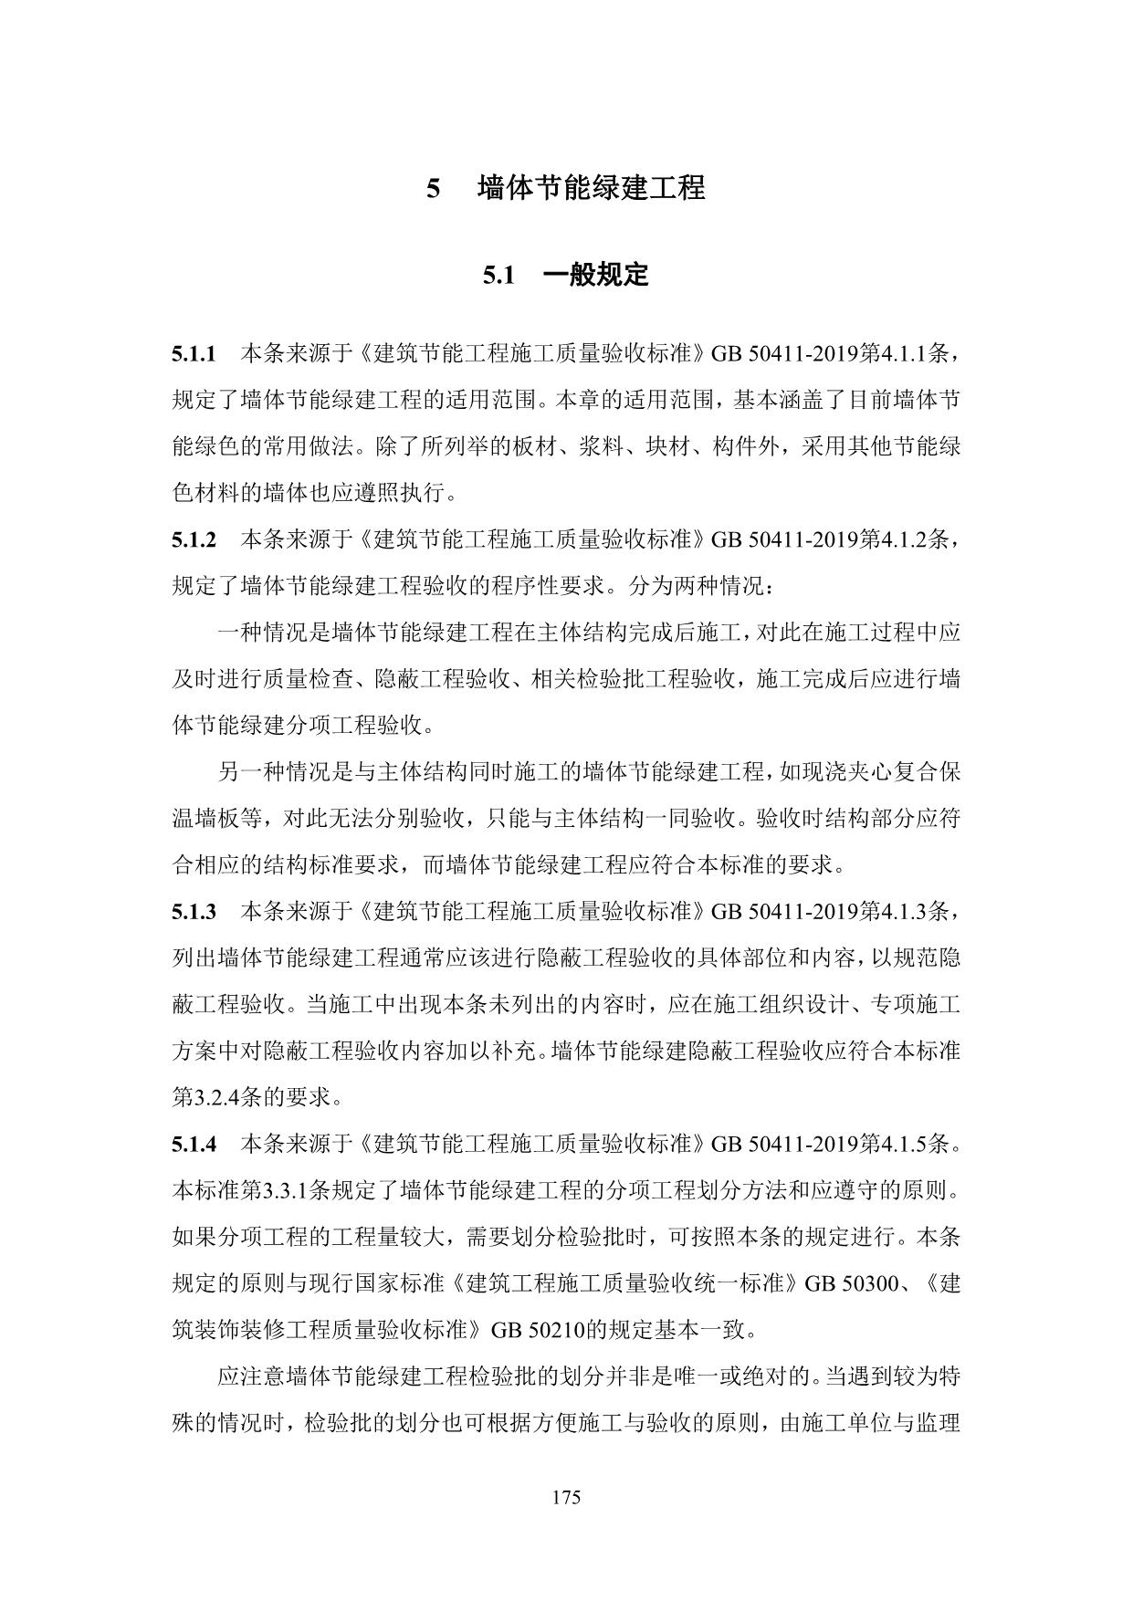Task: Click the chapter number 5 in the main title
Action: pyautogui.click(x=434, y=189)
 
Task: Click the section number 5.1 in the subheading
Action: pyautogui.click(x=499, y=275)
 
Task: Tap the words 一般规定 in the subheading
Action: pyautogui.click(x=595, y=275)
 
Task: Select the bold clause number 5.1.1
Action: pyautogui.click(x=194, y=352)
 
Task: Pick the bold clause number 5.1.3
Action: pyautogui.click(x=194, y=911)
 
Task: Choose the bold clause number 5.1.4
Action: pyautogui.click(x=194, y=1144)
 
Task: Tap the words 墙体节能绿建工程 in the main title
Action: pyautogui.click(x=591, y=189)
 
